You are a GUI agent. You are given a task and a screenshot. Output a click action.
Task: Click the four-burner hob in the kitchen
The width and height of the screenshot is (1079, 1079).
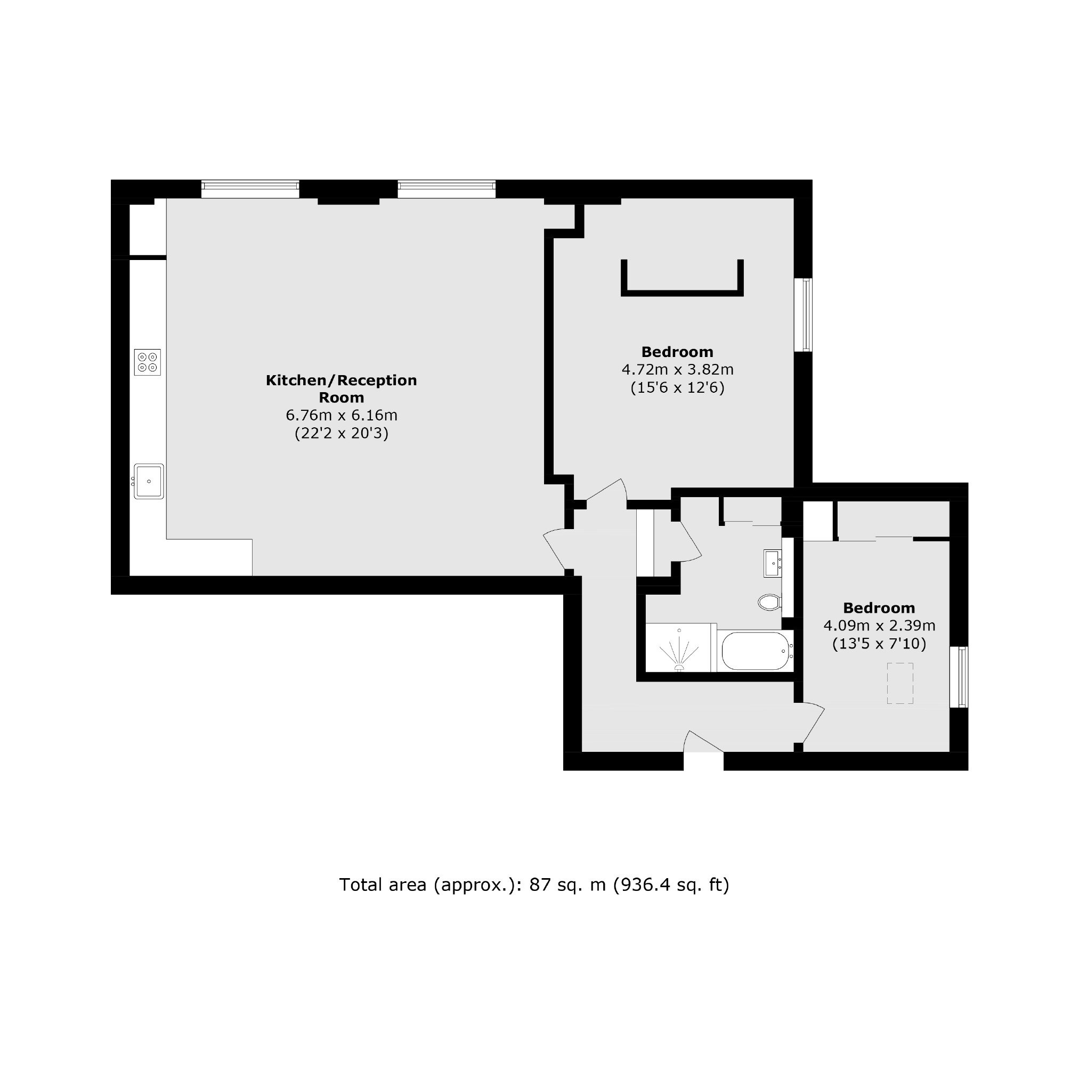(x=148, y=362)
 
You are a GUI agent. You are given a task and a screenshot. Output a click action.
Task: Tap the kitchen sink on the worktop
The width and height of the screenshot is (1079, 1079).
(x=149, y=481)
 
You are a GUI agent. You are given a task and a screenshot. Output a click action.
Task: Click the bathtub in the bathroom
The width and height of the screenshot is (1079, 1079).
(x=755, y=651)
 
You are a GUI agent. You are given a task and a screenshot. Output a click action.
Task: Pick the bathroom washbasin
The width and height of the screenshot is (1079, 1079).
(x=773, y=563)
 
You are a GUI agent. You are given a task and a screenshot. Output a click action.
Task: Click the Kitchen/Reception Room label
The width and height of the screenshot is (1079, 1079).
(x=341, y=389)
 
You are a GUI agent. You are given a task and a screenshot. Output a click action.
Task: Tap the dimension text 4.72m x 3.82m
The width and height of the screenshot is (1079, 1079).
(x=677, y=370)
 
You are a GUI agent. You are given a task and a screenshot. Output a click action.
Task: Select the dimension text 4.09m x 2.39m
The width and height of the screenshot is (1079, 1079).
(x=879, y=626)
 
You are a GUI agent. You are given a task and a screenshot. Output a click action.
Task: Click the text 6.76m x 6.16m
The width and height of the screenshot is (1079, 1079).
(x=341, y=416)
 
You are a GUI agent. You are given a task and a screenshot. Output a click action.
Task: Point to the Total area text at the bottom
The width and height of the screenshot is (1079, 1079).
(x=534, y=885)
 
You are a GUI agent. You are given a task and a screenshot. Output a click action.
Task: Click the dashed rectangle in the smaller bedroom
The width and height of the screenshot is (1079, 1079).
(x=900, y=683)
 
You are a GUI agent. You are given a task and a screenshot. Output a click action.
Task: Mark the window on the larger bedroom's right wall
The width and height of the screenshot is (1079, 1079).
(x=806, y=314)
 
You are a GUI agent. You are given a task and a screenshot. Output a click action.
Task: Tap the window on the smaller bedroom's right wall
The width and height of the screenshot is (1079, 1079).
(x=962, y=677)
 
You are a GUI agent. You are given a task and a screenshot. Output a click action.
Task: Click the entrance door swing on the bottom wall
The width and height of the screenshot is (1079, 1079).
(x=703, y=742)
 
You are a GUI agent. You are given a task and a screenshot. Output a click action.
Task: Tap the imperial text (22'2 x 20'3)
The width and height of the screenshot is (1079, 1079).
(x=341, y=433)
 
